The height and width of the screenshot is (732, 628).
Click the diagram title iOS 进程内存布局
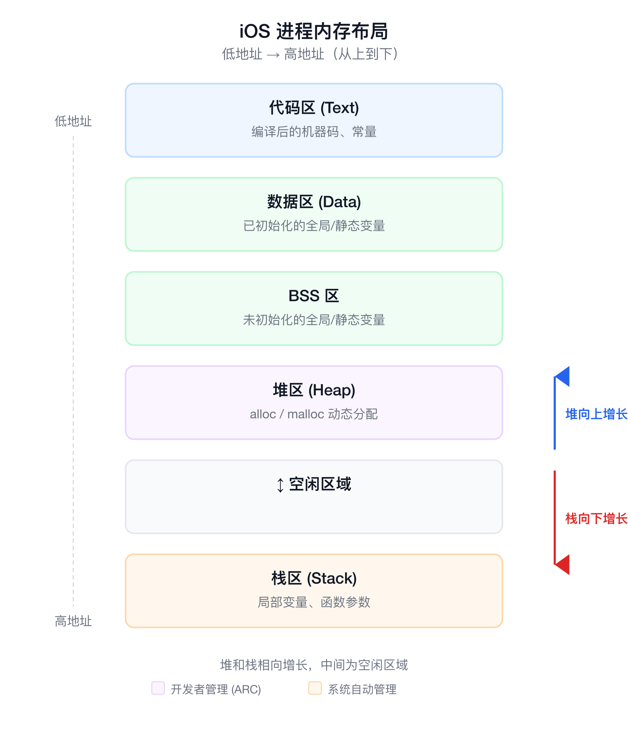tap(314, 31)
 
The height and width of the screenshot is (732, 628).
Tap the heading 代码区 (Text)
tap(314, 108)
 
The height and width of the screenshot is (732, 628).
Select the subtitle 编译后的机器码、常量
tap(314, 132)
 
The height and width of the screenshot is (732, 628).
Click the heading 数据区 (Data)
tap(314, 202)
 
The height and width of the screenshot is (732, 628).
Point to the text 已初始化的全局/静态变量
tap(314, 226)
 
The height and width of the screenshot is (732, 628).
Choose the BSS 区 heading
tap(314, 296)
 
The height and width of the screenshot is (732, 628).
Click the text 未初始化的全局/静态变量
tap(314, 320)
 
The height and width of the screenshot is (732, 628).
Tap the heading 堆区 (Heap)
tap(314, 390)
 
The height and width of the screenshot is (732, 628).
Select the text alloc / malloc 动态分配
tap(314, 414)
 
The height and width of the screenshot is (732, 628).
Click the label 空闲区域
tap(320, 484)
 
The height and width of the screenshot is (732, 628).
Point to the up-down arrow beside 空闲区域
tap(280, 485)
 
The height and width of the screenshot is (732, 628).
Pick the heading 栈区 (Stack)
tap(314, 578)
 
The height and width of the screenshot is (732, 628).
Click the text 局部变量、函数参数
tap(314, 602)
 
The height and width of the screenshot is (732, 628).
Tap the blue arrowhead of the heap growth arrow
tap(562, 376)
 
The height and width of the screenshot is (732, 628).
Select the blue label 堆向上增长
tap(596, 414)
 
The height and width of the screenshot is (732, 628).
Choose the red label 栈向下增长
tap(596, 519)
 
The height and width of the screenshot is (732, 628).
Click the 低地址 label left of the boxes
tap(73, 121)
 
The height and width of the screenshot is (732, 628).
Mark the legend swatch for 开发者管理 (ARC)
tap(158, 688)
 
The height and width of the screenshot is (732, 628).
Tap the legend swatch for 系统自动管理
tap(315, 688)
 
